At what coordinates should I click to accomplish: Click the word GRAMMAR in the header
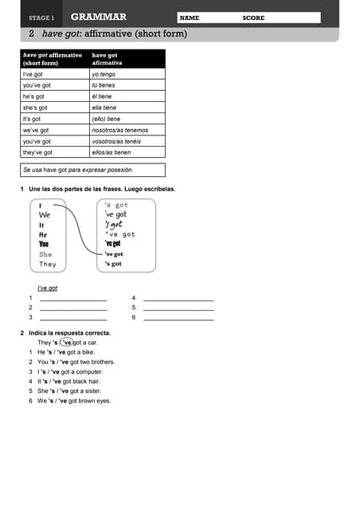tap(99, 17)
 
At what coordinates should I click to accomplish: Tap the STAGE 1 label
tap(41, 18)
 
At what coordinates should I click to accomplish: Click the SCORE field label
tap(254, 18)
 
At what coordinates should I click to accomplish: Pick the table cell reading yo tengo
tap(104, 73)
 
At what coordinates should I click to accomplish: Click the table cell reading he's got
tap(34, 96)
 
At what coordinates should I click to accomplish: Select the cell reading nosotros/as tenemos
tap(120, 130)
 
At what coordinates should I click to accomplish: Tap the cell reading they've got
tap(37, 152)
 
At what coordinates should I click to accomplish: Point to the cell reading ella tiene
tap(104, 108)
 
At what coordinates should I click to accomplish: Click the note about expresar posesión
tap(78, 170)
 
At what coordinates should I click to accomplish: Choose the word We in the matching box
tap(45, 215)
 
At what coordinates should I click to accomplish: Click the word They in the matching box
tap(48, 264)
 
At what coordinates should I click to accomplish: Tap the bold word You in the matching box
tap(45, 244)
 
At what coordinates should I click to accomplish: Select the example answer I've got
tap(47, 288)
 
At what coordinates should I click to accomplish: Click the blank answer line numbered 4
tap(178, 298)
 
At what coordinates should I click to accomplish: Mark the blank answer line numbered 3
tap(72, 317)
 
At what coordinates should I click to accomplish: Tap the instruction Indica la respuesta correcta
tap(69, 332)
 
